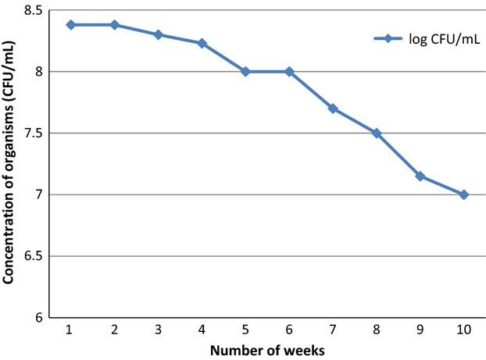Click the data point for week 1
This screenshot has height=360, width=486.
pos(70,25)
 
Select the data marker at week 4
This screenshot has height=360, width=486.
pos(202,44)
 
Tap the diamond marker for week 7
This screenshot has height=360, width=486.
pos(333,109)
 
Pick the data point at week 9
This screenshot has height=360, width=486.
pos(420,176)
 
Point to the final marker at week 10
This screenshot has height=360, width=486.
pos(464,194)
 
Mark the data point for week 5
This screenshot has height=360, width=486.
pos(245,72)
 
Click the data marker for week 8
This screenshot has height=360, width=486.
pos(377,134)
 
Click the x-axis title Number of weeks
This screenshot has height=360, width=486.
pos(267,350)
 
